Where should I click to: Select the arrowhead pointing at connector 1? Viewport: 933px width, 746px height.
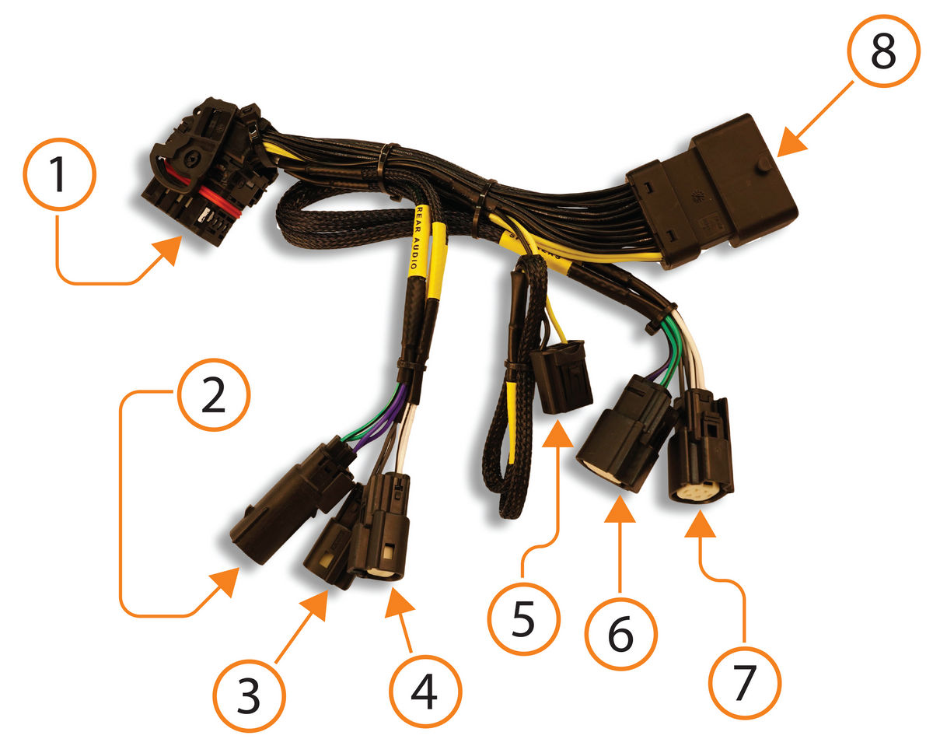[x=168, y=253]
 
